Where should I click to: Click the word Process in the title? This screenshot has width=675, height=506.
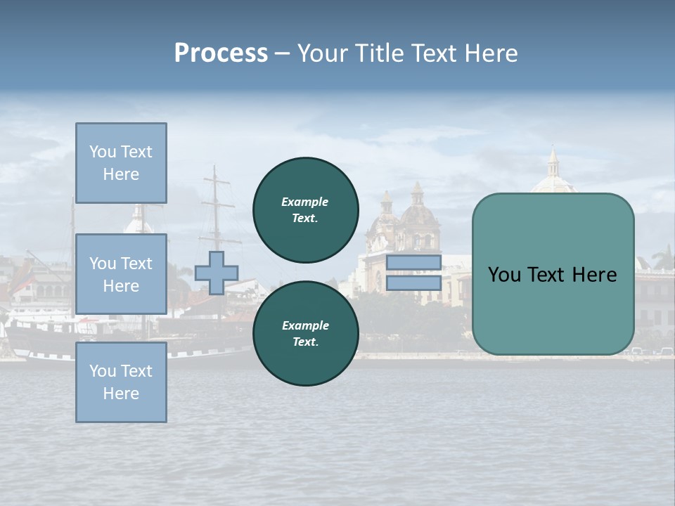(221, 53)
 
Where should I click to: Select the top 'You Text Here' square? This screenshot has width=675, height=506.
(121, 163)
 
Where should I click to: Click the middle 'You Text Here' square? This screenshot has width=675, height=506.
(121, 274)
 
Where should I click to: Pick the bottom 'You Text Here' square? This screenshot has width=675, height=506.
(121, 382)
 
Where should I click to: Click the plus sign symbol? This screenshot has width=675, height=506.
(217, 273)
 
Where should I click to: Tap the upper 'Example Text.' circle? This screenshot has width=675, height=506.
(306, 209)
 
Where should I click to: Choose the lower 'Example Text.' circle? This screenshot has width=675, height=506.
(306, 333)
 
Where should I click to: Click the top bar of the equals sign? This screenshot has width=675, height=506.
(413, 262)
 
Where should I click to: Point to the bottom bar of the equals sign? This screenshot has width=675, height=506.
(413, 283)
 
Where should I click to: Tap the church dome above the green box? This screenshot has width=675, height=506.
(553, 176)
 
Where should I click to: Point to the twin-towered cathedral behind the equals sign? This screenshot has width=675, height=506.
(402, 225)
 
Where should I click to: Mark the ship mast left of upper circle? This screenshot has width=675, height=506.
(215, 204)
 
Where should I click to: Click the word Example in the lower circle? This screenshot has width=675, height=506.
(305, 325)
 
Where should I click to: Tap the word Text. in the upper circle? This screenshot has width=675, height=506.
(305, 218)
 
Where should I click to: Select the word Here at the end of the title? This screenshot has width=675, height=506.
(493, 53)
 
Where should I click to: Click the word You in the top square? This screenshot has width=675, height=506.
(102, 152)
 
